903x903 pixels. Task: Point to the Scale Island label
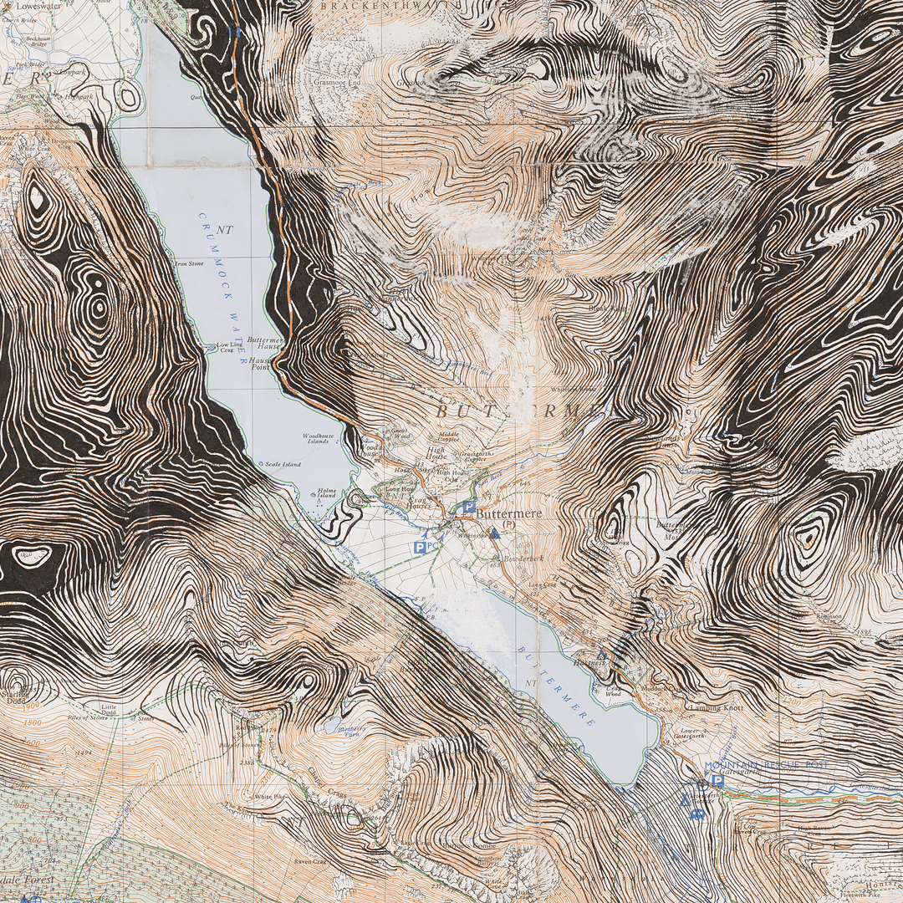(283, 464)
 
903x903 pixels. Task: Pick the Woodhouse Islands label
(318, 438)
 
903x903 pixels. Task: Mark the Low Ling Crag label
(230, 348)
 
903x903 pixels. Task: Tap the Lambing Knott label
(714, 707)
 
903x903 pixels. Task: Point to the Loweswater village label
(38, 5)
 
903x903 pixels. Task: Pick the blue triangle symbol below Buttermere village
(495, 533)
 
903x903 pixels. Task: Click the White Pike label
(270, 797)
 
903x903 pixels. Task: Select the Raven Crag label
(307, 861)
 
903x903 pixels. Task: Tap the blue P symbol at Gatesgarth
(717, 780)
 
